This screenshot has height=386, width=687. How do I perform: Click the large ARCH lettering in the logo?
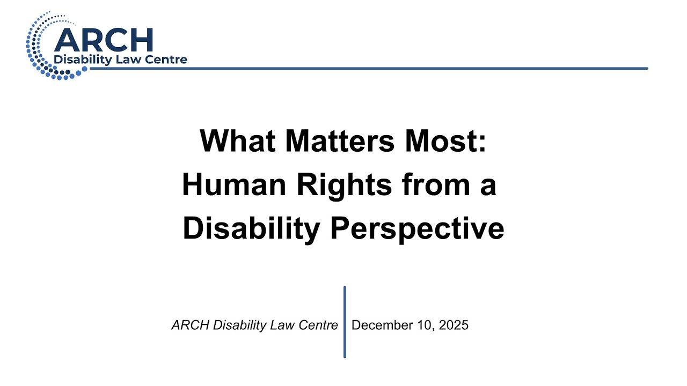[x=104, y=40]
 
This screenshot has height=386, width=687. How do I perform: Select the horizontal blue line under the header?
[x=376, y=68]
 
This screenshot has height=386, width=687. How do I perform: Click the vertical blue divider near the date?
[x=345, y=322]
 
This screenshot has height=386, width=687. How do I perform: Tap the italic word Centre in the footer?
[x=320, y=325]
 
